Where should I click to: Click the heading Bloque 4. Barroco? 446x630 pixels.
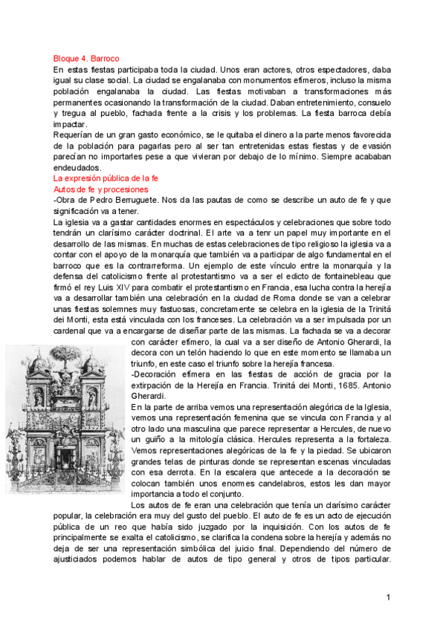click(x=86, y=57)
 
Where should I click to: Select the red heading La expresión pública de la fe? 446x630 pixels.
click(x=106, y=179)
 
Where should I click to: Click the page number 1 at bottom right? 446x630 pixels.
click(x=389, y=597)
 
